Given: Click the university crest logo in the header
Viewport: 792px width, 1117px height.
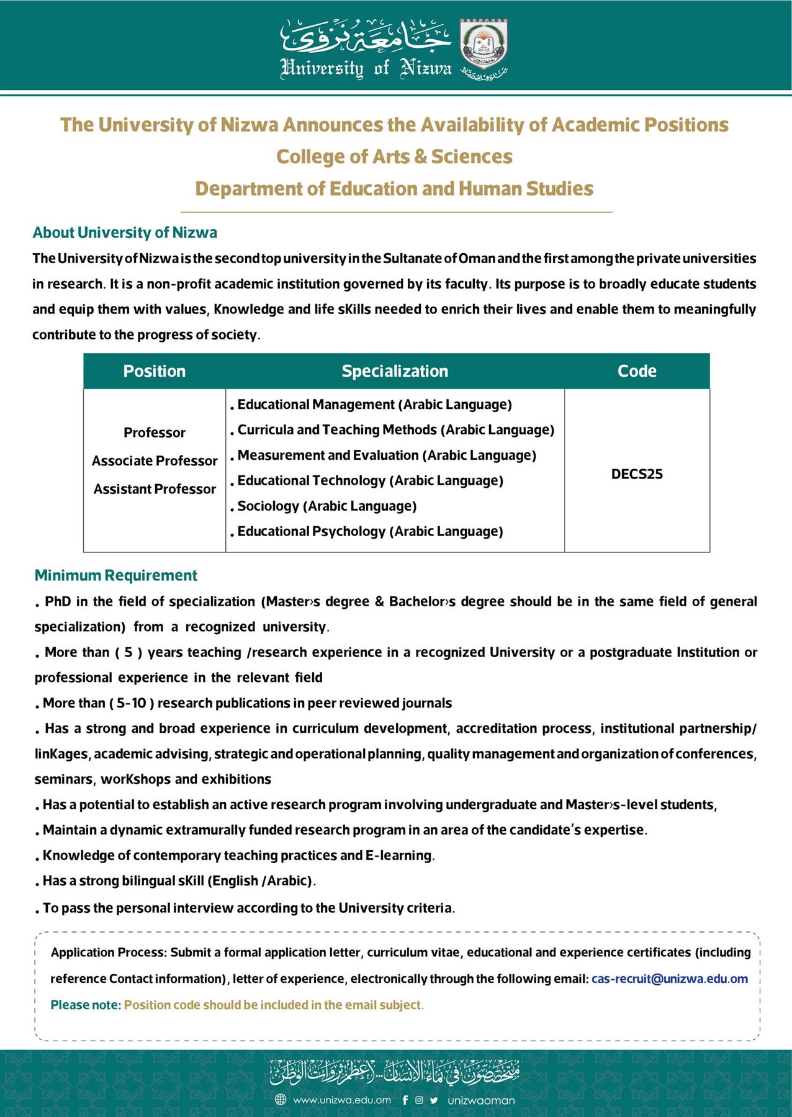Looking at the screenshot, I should (x=484, y=44).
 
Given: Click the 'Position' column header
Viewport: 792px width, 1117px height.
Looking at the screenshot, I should (x=155, y=371).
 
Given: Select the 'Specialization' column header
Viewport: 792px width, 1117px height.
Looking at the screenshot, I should (x=395, y=371).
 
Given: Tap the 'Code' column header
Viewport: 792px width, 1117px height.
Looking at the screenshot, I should (x=637, y=371).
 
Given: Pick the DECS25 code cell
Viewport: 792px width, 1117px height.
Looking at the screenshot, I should (x=637, y=474).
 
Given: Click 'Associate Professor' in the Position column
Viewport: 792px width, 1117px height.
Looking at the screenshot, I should (x=155, y=461).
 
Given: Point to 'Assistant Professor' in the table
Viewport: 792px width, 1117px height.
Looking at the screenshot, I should (x=155, y=489).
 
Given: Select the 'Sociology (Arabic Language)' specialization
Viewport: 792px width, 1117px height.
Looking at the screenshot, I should (x=326, y=506).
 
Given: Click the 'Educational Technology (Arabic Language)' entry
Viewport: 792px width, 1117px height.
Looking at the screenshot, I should (x=370, y=481).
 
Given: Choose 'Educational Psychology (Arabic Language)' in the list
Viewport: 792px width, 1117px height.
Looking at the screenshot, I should (x=370, y=532).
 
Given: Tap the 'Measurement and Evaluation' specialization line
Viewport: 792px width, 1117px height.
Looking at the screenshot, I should (x=386, y=455).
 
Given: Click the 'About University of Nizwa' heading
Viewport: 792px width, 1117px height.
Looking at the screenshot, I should (x=125, y=233).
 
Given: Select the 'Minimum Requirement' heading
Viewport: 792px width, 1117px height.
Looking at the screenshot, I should (x=116, y=575).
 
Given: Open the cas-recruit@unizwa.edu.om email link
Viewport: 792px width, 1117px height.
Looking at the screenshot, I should (x=669, y=979).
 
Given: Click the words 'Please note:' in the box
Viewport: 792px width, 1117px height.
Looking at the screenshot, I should (x=86, y=1005).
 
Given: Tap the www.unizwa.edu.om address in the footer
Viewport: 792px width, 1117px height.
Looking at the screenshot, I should (x=341, y=1100).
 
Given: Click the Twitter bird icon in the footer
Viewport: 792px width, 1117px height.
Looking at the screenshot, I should (x=434, y=1100).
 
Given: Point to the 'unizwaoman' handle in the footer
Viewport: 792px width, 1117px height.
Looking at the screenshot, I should (x=481, y=1100).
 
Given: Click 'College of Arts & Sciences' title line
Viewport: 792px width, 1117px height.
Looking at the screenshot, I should (x=395, y=157).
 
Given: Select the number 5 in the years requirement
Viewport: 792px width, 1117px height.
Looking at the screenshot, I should (x=128, y=652).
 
